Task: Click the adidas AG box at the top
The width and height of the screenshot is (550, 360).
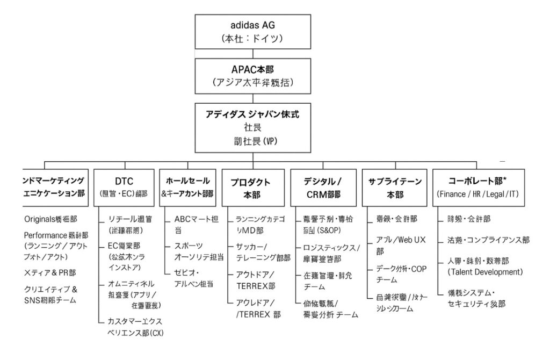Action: coord(252,32)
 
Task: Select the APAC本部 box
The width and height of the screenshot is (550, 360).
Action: coord(252,77)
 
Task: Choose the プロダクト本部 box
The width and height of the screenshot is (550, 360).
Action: coord(252,187)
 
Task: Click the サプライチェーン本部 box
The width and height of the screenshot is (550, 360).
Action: coord(395,187)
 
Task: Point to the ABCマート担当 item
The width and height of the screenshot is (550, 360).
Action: coord(196,224)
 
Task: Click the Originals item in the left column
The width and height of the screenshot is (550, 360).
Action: coord(52,219)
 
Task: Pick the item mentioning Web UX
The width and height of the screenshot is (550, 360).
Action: coord(401,245)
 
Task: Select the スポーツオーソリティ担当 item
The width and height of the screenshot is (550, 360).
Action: coord(198,251)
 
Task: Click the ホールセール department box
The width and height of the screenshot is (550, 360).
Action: coord(187,187)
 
